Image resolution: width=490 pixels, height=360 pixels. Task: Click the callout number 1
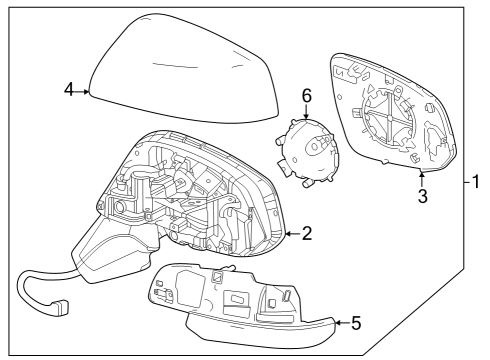(477, 182)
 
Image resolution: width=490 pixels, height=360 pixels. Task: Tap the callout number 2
(306, 234)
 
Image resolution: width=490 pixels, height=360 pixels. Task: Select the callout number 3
(422, 196)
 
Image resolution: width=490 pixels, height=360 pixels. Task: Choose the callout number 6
(306, 95)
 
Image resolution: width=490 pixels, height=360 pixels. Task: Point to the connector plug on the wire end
(63, 309)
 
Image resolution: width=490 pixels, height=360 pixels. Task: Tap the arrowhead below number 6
(306, 117)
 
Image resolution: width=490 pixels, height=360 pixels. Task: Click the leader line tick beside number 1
(464, 182)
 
